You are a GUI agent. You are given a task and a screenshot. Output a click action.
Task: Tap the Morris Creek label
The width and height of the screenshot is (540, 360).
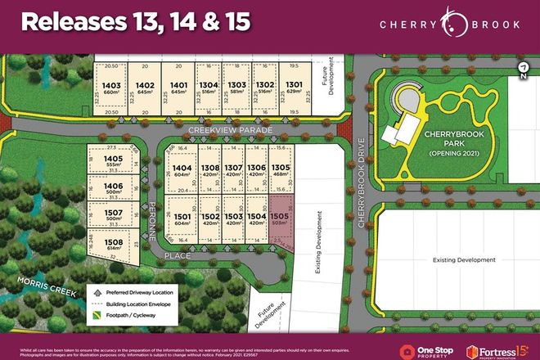[x=55, y=293]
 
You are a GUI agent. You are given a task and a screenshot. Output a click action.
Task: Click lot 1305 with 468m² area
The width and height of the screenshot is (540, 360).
[x=281, y=169]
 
